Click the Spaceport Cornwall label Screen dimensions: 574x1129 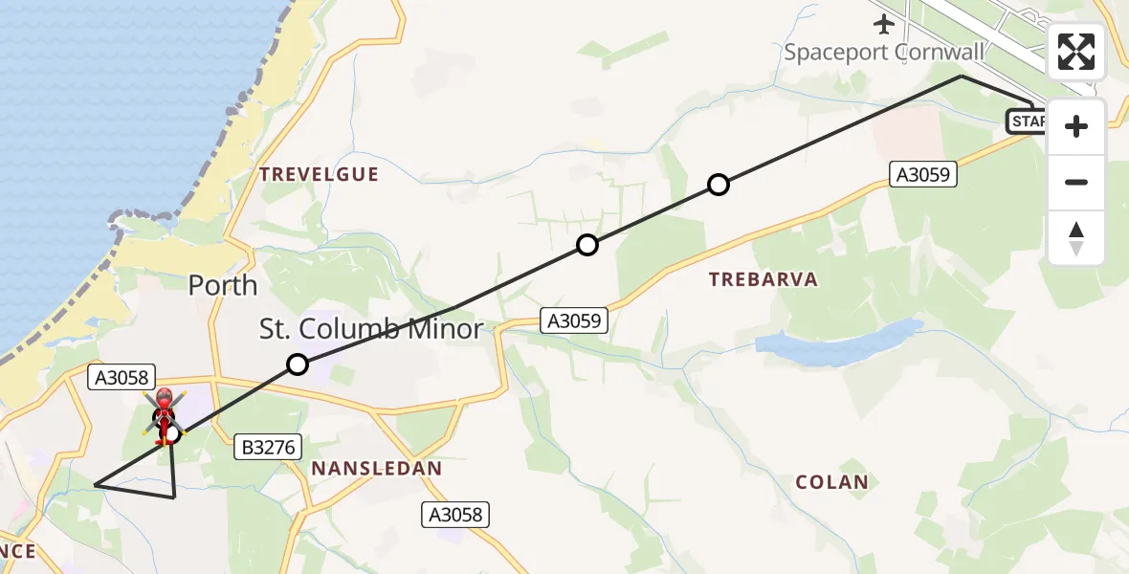(884, 52)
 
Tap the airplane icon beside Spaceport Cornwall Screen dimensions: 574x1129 (883, 23)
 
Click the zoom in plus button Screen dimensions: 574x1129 (1076, 126)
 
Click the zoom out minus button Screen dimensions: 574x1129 (1076, 182)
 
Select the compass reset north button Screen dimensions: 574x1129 (1076, 237)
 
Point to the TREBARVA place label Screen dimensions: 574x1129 (763, 279)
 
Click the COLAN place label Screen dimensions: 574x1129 (832, 482)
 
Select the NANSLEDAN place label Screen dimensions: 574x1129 (377, 469)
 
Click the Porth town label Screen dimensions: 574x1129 (223, 285)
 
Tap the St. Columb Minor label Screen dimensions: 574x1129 (371, 329)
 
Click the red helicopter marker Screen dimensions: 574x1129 (165, 412)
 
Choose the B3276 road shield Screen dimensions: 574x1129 (269, 446)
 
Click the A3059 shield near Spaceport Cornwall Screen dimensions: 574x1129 (923, 174)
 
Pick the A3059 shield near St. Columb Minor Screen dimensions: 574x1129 (575, 320)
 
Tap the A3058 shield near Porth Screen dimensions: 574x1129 (121, 378)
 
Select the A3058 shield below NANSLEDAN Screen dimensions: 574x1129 (456, 515)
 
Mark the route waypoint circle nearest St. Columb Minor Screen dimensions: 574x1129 (298, 364)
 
